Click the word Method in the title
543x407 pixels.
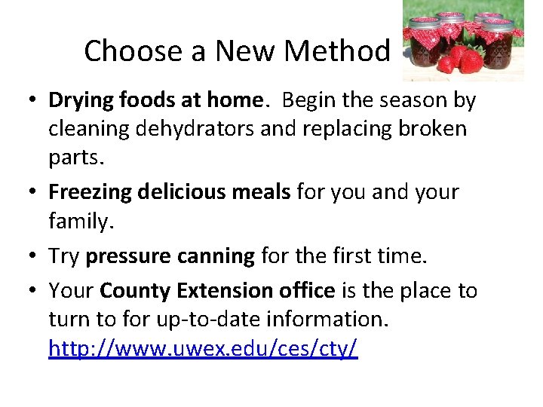[x=339, y=51]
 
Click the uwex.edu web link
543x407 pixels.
[x=203, y=349]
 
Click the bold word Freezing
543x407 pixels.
[x=90, y=192]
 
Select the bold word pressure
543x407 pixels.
[x=128, y=257]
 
